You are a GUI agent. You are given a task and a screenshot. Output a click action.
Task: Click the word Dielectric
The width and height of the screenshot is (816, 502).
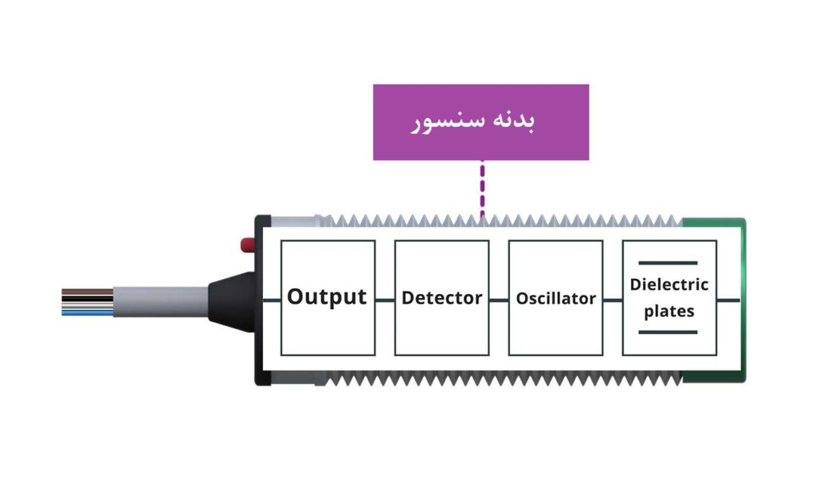pyautogui.click(x=669, y=284)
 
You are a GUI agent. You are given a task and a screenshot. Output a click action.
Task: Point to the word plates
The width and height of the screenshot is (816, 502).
pyautogui.click(x=669, y=312)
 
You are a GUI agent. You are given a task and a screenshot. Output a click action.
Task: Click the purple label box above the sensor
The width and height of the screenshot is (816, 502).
pyautogui.click(x=481, y=122)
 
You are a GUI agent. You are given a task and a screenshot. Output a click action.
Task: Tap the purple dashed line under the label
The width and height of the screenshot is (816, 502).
pyautogui.click(x=481, y=187)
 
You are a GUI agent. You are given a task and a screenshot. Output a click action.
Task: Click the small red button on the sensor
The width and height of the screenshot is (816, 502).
pyautogui.click(x=248, y=243)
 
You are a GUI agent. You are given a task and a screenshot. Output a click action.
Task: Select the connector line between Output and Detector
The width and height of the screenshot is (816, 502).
pyautogui.click(x=385, y=300)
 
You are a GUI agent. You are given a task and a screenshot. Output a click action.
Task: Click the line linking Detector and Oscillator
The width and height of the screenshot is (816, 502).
pyautogui.click(x=499, y=300)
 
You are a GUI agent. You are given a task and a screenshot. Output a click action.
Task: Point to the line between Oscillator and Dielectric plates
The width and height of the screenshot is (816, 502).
pyautogui.click(x=612, y=300)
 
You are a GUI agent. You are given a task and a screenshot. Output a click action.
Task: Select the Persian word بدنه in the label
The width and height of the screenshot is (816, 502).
pyautogui.click(x=517, y=121)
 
